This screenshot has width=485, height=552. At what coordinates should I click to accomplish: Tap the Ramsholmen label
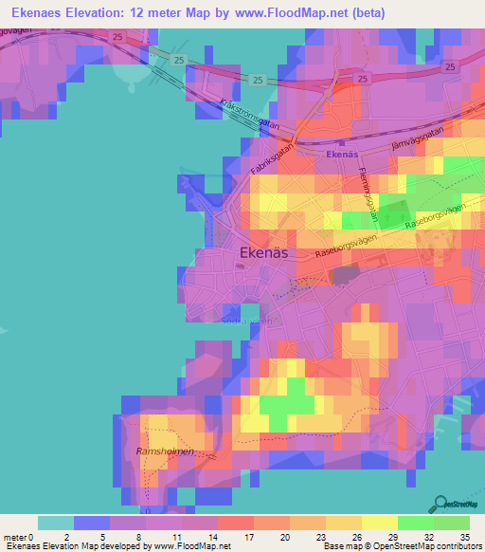pyautogui.click(x=165, y=452)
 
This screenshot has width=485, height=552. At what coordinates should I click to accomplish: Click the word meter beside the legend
pyautogui.click(x=15, y=536)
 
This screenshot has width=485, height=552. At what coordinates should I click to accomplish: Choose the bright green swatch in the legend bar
pyautogui.click(x=415, y=523)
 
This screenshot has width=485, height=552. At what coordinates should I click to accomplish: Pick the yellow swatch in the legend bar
pyautogui.click(x=378, y=523)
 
